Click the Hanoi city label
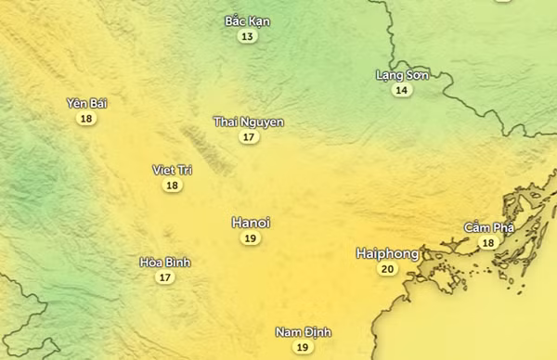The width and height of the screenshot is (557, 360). (251, 223)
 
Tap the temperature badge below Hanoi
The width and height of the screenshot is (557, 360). (250, 238)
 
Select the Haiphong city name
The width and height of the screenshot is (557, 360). (387, 253)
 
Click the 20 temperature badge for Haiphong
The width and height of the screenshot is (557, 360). (387, 269)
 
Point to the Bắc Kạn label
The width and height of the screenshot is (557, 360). (246, 20)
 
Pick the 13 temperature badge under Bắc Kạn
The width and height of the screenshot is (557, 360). (246, 36)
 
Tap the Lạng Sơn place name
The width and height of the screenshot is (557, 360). (402, 74)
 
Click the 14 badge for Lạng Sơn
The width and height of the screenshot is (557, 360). (401, 90)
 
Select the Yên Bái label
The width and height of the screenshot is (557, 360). (86, 103)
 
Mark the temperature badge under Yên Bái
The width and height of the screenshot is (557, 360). (86, 119)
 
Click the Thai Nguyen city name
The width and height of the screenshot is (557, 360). (249, 122)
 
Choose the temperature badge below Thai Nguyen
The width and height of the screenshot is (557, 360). (248, 137)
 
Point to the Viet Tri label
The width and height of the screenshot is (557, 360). (172, 170)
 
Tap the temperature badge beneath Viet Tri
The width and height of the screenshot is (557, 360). (172, 186)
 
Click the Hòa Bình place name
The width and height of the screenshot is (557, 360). (164, 262)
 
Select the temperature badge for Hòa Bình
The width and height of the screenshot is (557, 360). (164, 277)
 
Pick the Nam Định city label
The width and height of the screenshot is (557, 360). (303, 332)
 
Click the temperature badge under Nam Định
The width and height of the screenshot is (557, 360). (302, 347)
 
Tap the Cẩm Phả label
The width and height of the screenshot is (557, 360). (488, 227)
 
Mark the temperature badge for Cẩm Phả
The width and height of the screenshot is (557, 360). (487, 243)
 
